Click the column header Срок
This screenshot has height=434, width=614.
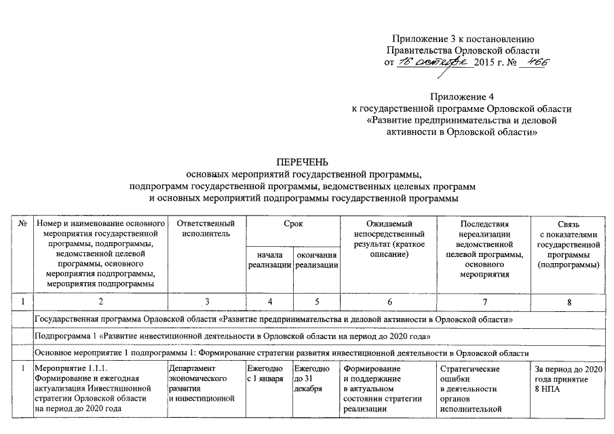292,224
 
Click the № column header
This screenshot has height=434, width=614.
22,224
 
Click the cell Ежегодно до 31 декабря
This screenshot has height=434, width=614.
311,378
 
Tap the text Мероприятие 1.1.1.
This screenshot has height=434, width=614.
66,369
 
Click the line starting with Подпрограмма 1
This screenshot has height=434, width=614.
231,336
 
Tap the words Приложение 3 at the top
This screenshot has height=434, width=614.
421,38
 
